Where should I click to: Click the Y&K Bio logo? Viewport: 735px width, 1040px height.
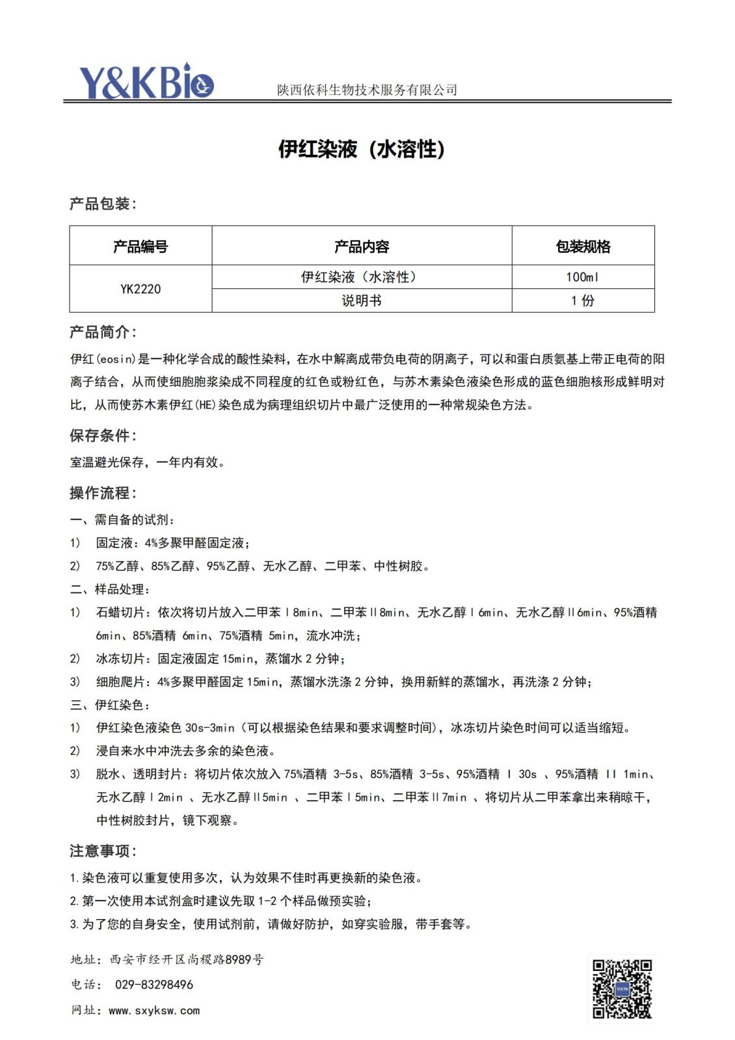146,82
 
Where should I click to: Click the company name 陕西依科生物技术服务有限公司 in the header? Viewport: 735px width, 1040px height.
367,90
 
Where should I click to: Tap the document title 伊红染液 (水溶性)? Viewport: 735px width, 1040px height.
362,149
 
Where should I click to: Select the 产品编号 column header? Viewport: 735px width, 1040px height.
140,247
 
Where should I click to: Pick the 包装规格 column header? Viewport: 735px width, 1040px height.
583,247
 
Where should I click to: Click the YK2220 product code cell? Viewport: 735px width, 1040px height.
140,289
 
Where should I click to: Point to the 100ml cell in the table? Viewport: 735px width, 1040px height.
582,277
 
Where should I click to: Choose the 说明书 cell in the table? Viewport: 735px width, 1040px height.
362,300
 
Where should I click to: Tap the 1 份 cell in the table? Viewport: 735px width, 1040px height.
582,300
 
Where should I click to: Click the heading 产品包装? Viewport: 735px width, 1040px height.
103,204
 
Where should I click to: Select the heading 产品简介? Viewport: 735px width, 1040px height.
103,332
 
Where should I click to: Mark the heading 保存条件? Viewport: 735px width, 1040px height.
103,435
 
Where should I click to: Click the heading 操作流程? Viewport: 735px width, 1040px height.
103,492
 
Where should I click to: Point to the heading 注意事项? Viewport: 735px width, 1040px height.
103,851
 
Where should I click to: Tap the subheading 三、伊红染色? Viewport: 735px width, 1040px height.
111,705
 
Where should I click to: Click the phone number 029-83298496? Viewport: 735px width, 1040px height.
154,985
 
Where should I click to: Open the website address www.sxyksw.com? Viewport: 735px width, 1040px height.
154,1010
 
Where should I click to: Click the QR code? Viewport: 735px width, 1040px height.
622,989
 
